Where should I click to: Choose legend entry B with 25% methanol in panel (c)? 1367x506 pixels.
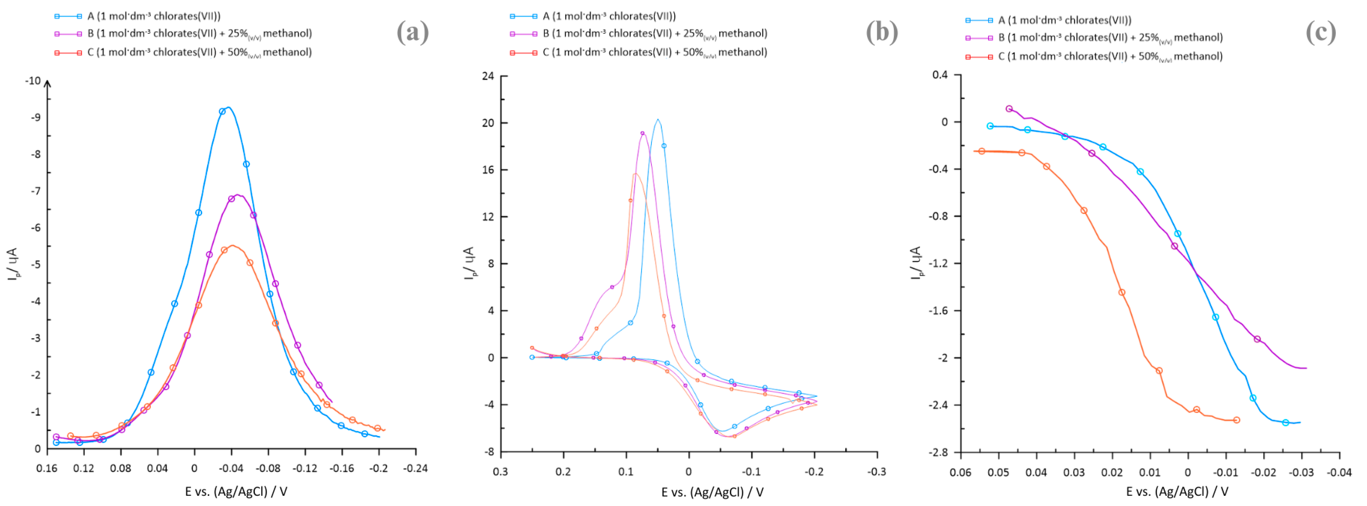tap(1110, 38)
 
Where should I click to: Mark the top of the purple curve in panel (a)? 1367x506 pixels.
tap(238, 195)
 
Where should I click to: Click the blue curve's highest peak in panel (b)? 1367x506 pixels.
tap(658, 119)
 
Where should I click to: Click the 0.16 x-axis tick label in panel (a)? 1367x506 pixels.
tap(47, 468)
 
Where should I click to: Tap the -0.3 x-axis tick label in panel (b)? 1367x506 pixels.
tap(876, 472)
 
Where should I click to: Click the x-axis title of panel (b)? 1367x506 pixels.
tap(712, 492)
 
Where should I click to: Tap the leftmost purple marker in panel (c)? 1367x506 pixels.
tap(1009, 109)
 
